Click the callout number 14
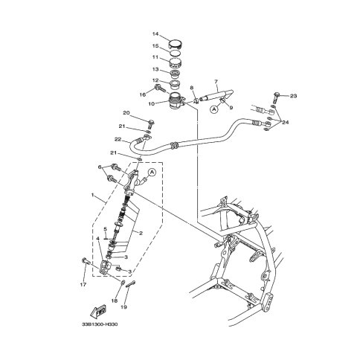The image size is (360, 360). (155, 33)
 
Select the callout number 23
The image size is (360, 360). (293, 96)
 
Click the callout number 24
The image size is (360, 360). (286, 122)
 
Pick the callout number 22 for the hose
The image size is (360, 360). (118, 139)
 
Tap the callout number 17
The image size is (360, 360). (83, 285)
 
